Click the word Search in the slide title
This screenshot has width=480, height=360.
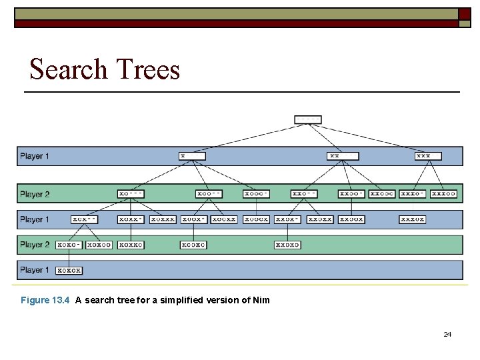69,69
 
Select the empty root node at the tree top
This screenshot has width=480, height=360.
308,120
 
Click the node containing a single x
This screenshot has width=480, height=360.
192,156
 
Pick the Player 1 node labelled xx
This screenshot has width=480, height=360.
343,156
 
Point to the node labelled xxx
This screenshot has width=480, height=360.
428,156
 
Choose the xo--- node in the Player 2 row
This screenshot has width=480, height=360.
131,194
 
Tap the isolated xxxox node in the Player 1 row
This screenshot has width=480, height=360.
413,219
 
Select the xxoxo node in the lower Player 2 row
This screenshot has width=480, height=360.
287,245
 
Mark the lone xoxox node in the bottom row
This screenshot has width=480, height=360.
69,270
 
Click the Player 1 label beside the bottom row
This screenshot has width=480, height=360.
35,270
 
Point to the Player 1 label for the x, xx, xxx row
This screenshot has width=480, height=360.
35,156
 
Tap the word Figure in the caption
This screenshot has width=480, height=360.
35,300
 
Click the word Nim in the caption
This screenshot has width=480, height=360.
261,300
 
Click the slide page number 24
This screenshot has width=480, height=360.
447,334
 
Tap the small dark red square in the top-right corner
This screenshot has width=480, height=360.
464,14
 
